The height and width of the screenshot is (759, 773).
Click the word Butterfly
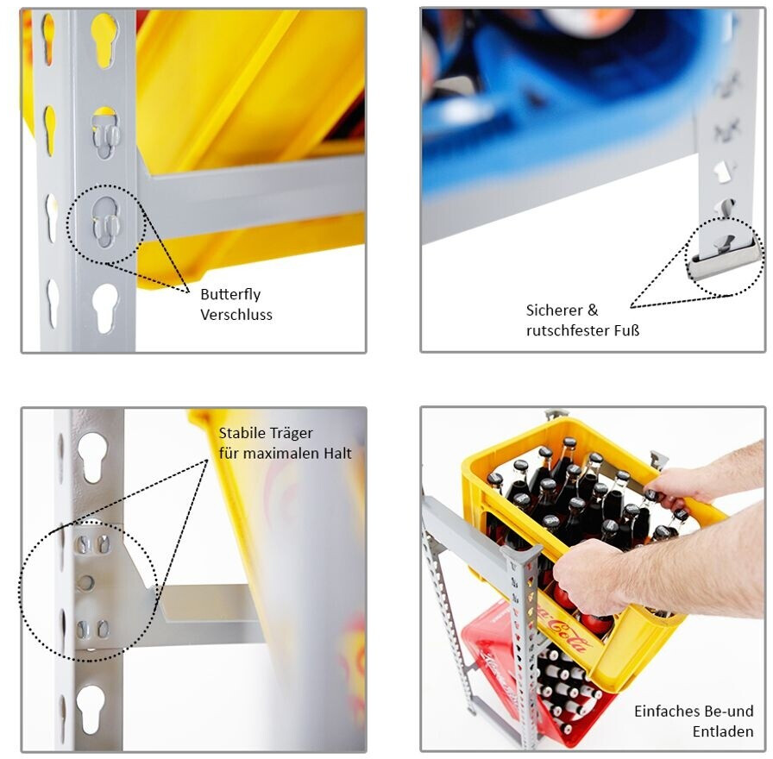tap(230, 295)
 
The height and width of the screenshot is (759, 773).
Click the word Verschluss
tap(236, 315)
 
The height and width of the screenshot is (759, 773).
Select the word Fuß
tap(626, 329)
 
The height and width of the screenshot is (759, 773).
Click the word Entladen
tap(723, 731)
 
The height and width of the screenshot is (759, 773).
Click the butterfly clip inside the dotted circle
tap(106, 223)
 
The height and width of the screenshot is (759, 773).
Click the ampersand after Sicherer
tap(593, 310)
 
